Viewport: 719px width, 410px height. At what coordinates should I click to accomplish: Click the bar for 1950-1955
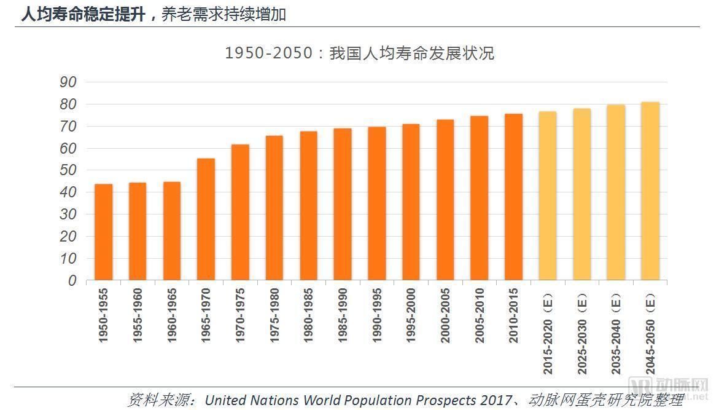point(103,232)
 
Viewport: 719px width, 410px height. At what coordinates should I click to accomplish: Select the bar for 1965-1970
point(206,219)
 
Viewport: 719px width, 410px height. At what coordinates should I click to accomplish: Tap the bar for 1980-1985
point(308,206)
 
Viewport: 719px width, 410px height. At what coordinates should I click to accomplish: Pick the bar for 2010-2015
point(514,197)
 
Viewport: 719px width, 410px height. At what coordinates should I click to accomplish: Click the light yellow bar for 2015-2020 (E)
point(548,195)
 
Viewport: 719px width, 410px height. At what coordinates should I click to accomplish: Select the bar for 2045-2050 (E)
point(650,191)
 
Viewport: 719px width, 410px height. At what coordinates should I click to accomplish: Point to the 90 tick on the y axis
point(68,82)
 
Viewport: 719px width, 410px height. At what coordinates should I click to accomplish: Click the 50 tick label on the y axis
point(68,170)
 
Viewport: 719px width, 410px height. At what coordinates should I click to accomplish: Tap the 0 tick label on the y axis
point(72,281)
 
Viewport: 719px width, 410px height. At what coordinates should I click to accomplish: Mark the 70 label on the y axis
point(68,127)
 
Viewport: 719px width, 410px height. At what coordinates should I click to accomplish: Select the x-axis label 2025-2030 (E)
point(582,335)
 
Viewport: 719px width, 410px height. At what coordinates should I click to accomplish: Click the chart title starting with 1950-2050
point(359,53)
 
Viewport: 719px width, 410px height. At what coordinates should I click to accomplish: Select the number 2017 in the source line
point(494,400)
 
